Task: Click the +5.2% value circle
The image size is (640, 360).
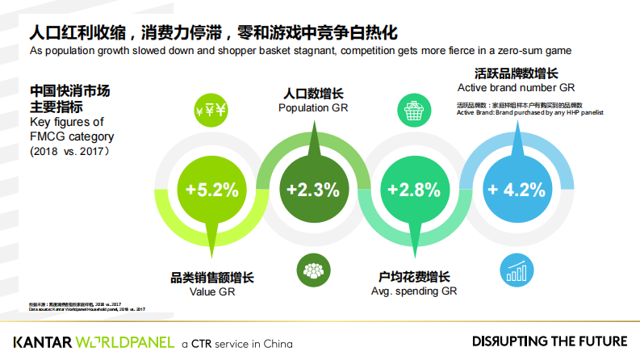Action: (212, 190)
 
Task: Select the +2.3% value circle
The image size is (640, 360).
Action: (312, 190)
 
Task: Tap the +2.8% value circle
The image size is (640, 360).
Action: (413, 190)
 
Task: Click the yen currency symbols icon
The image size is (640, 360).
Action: (211, 111)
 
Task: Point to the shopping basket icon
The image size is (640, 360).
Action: (413, 111)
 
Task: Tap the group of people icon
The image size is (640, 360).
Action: (312, 269)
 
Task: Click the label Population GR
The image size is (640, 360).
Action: (312, 107)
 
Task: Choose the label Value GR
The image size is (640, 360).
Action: (211, 291)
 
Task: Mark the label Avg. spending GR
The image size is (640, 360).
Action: (413, 291)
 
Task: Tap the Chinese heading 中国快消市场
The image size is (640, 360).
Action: (58, 90)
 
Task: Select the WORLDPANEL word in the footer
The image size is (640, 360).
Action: (127, 341)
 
